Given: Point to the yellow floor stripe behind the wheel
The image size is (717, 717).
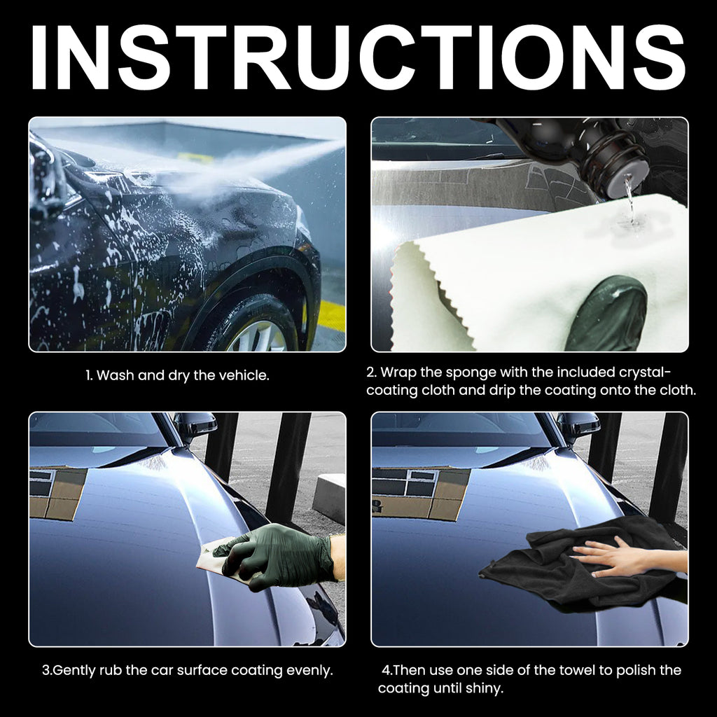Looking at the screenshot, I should pos(330,315).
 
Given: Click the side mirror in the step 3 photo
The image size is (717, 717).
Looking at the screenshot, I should pos(195,425).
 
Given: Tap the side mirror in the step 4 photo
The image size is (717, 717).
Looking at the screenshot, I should pos(578,425).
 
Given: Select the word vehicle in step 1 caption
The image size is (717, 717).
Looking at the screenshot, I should pos(244,375).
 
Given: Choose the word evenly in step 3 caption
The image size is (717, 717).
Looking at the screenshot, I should pos(309,671).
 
